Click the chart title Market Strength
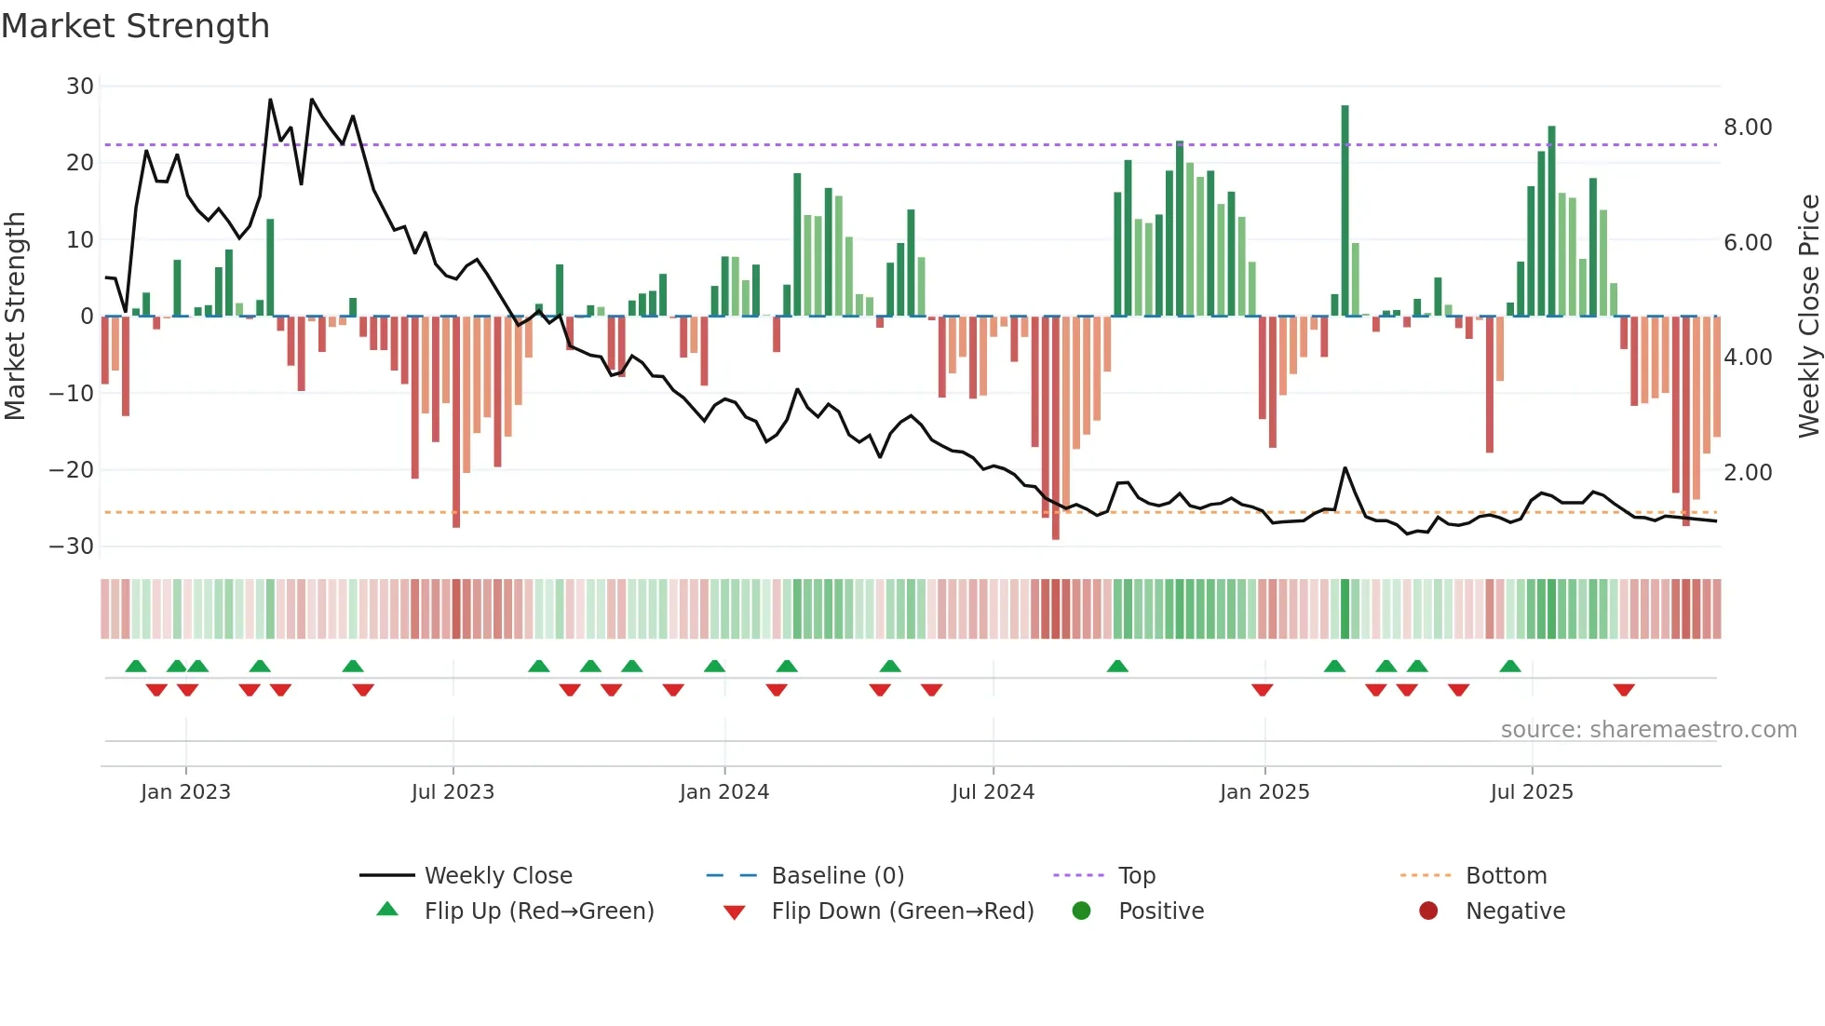coord(135,26)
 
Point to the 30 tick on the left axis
coord(80,87)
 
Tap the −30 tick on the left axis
coord(72,547)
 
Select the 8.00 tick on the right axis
coord(1748,128)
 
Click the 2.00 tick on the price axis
coord(1748,473)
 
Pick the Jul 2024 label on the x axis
coord(993,792)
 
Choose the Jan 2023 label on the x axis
coord(185,792)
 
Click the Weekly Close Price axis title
coord(1808,317)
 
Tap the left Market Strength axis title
coord(15,317)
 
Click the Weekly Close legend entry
coord(498,876)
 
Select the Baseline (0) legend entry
coord(837,876)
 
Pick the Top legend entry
coord(1136,876)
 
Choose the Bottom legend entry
coord(1506,876)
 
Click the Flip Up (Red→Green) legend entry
coord(538,911)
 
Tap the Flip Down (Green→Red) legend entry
coord(902,911)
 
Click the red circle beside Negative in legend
coord(1428,911)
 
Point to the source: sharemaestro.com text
coord(1648,730)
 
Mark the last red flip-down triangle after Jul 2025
coord(1624,690)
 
